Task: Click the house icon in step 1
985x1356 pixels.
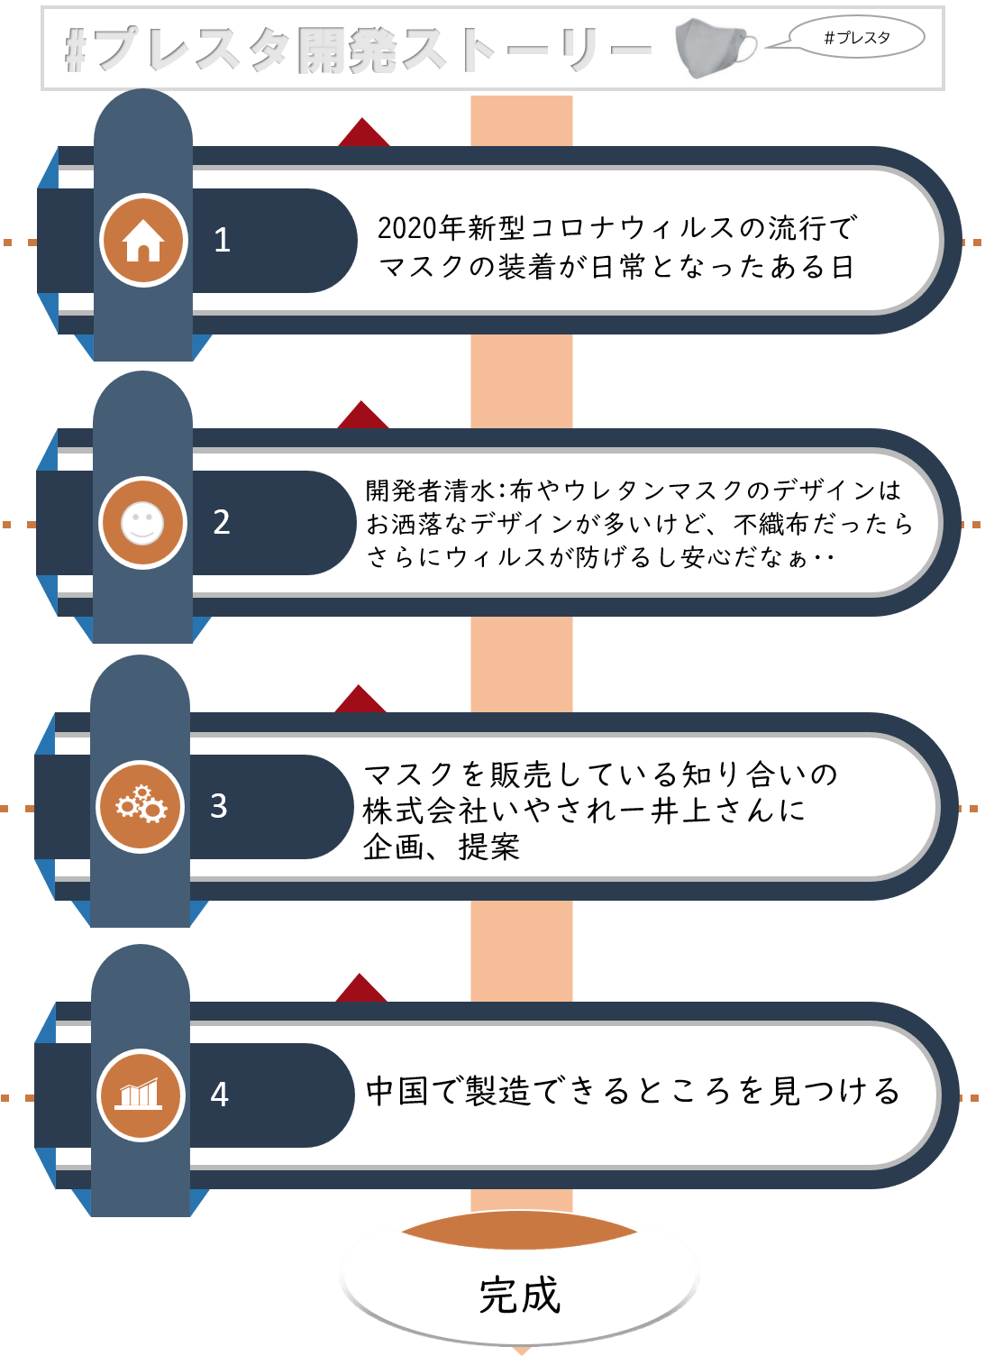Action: [142, 241]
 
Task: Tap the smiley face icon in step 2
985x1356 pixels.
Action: [142, 523]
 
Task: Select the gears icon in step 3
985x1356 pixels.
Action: [141, 805]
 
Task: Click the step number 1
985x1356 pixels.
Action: [222, 240]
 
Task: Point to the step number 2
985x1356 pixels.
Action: [222, 522]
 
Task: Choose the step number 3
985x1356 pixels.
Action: [218, 806]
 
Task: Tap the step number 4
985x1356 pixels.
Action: [220, 1094]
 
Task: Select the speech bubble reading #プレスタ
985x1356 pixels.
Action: [857, 38]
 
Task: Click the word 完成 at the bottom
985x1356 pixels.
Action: [520, 1296]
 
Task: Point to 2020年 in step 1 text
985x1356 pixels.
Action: [422, 227]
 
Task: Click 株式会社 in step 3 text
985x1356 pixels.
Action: [426, 811]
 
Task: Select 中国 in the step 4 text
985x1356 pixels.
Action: [397, 1092]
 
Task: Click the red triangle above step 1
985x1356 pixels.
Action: [363, 132]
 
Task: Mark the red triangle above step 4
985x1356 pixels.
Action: [361, 988]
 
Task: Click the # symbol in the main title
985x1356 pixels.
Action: [76, 50]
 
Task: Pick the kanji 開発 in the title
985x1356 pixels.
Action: [348, 50]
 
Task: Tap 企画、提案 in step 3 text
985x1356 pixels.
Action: [441, 847]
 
